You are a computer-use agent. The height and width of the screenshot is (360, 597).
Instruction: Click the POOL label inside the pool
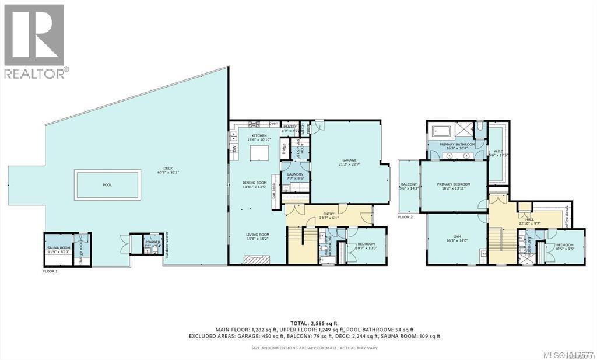pos(107,185)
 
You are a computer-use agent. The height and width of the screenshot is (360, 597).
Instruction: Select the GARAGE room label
pos(350,161)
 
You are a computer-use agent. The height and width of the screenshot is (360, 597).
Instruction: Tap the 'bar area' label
pos(273,191)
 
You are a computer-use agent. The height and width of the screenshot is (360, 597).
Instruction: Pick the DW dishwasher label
pos(234,149)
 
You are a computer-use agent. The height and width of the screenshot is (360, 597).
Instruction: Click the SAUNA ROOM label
pos(59,248)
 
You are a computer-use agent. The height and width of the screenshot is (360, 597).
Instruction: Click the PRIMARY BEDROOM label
pos(454,184)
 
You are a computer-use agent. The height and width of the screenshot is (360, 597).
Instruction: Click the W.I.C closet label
pos(498,151)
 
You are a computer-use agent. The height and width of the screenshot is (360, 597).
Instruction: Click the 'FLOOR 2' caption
pos(406,217)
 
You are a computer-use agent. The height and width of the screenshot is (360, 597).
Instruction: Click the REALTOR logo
pos(35,41)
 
